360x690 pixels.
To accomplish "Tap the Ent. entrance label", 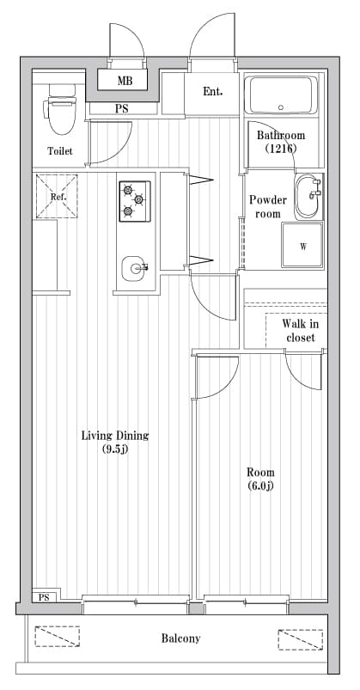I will click(x=212, y=91).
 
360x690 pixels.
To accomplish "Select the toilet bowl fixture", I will click(x=59, y=112).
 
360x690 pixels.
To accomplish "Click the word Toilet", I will click(x=60, y=151).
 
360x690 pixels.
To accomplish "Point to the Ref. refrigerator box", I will click(x=58, y=197).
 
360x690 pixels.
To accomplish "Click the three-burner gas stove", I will click(x=135, y=201).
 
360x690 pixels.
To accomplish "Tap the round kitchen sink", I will click(x=136, y=268).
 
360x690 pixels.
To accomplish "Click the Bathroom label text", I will click(x=281, y=136).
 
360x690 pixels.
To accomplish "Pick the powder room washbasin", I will click(x=308, y=197).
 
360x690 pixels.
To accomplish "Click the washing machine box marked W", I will click(x=302, y=247).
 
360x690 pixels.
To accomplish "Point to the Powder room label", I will click(x=267, y=206).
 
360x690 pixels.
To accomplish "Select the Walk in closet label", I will click(x=300, y=330).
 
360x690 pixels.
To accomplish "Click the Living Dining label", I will click(x=114, y=436).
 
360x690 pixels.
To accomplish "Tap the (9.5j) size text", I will click(x=114, y=449).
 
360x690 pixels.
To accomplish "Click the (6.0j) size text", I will click(x=260, y=486).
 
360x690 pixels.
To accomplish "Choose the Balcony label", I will click(x=180, y=638).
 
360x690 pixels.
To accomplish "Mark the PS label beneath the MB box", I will click(x=123, y=108).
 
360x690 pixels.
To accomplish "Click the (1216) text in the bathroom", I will click(x=281, y=149).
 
